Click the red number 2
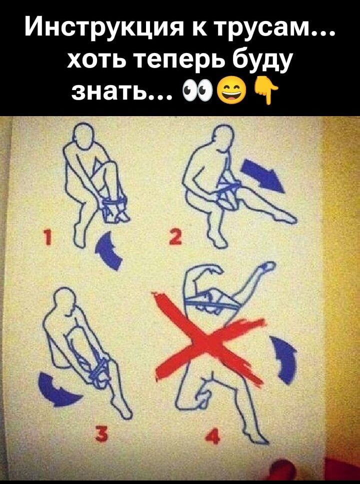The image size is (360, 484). (x=177, y=237)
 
